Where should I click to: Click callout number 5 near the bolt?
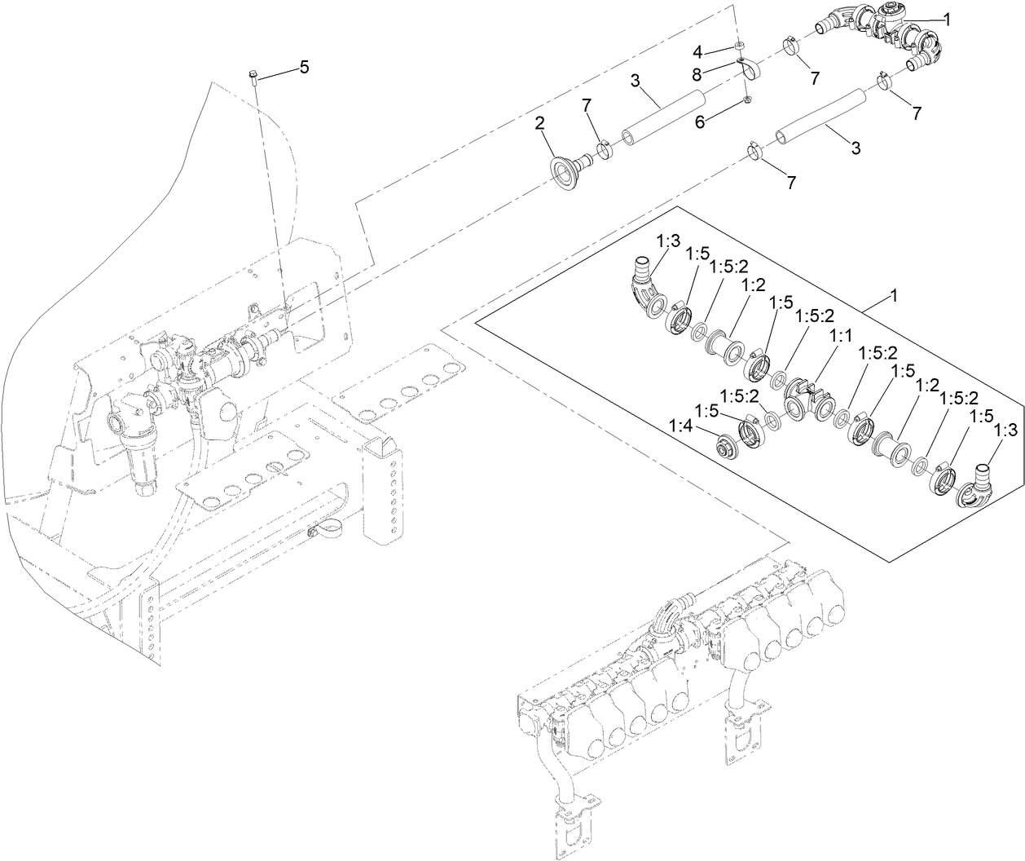pyautogui.click(x=304, y=68)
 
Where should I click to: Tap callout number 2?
pyautogui.click(x=539, y=124)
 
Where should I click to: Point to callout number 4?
pyautogui.click(x=697, y=51)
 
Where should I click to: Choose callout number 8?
pyautogui.click(x=697, y=73)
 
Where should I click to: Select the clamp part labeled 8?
pyautogui.click(x=748, y=69)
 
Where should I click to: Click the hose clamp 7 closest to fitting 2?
pyautogui.click(x=604, y=150)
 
